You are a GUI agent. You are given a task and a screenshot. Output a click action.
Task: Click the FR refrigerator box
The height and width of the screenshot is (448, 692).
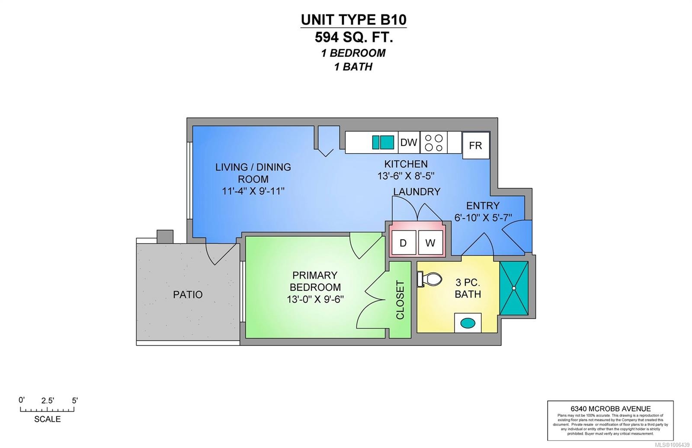click(x=475, y=145)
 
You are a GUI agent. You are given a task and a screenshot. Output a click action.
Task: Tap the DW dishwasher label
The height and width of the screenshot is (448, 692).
click(x=408, y=142)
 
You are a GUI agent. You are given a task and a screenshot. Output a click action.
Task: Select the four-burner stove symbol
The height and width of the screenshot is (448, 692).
click(x=434, y=143)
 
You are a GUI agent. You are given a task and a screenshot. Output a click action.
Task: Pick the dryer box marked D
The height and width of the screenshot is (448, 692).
click(x=403, y=243)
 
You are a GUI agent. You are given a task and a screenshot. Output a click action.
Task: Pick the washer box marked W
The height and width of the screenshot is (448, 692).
click(x=430, y=243)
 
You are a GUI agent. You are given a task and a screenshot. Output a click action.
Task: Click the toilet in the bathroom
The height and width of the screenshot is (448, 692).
click(x=430, y=279)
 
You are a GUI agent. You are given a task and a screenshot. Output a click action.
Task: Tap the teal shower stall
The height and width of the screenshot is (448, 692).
click(x=514, y=288)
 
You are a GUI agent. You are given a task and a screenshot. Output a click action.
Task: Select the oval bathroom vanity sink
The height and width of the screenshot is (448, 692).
click(x=468, y=323)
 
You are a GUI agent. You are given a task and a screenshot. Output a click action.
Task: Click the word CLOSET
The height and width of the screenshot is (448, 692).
click(x=400, y=300)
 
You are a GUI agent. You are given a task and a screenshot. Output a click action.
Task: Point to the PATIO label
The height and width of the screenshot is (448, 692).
click(x=188, y=295)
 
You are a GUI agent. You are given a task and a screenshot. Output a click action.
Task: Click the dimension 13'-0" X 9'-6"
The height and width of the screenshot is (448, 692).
click(x=315, y=299)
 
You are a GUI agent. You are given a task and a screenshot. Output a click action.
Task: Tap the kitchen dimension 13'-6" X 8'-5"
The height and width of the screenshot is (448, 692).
click(x=406, y=176)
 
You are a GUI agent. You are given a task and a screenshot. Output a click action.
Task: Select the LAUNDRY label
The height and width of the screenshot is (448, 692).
click(x=416, y=192)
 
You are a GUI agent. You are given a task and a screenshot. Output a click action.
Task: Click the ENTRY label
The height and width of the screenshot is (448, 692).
click(x=483, y=206)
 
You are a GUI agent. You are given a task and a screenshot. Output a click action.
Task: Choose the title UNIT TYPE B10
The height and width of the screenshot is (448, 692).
click(x=354, y=20)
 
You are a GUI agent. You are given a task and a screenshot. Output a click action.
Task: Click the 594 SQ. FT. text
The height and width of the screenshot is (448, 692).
click(x=354, y=38)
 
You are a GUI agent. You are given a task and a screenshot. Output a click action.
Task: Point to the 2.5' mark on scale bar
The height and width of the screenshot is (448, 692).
click(x=48, y=401)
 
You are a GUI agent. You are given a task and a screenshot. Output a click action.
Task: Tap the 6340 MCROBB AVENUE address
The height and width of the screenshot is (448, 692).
click(x=610, y=409)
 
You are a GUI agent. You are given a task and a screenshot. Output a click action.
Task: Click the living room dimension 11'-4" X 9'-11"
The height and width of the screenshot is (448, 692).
click(x=253, y=191)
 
